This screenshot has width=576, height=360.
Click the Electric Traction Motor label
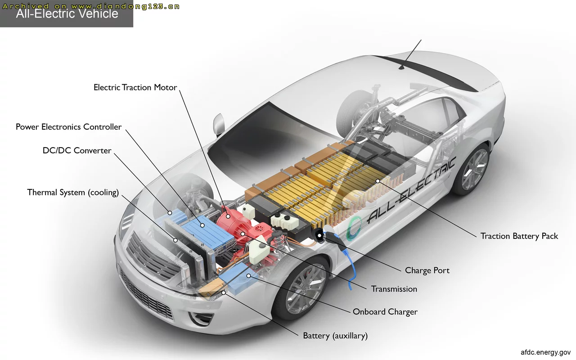(135, 87)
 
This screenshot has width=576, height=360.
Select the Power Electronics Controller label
(69, 127)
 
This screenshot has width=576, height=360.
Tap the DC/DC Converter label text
(77, 150)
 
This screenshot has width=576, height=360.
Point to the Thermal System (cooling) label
(73, 192)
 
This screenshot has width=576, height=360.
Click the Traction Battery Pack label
(519, 236)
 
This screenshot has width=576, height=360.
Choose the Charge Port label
(427, 270)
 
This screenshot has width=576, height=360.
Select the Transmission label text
(394, 289)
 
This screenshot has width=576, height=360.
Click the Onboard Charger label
(385, 312)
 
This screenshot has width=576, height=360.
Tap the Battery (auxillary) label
(335, 336)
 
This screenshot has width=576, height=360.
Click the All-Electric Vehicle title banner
(67, 13)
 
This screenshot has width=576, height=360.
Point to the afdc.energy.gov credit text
(546, 352)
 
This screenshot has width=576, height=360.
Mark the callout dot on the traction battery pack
(378, 181)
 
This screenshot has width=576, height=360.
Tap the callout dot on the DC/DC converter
(170, 213)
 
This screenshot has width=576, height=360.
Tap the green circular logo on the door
(353, 228)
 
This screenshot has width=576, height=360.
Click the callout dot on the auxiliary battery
(224, 292)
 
